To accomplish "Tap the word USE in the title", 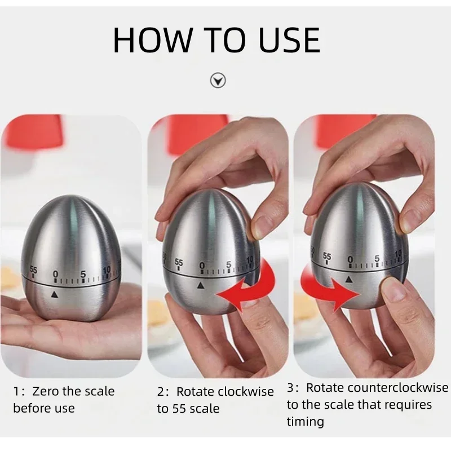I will click(285, 39).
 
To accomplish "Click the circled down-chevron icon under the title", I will click(218, 81).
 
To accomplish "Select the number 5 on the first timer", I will click(82, 275).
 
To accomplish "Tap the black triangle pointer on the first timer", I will click(55, 294).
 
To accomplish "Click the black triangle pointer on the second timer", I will click(200, 286).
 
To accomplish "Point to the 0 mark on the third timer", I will click(350, 259).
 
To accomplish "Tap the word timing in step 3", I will click(305, 421).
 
